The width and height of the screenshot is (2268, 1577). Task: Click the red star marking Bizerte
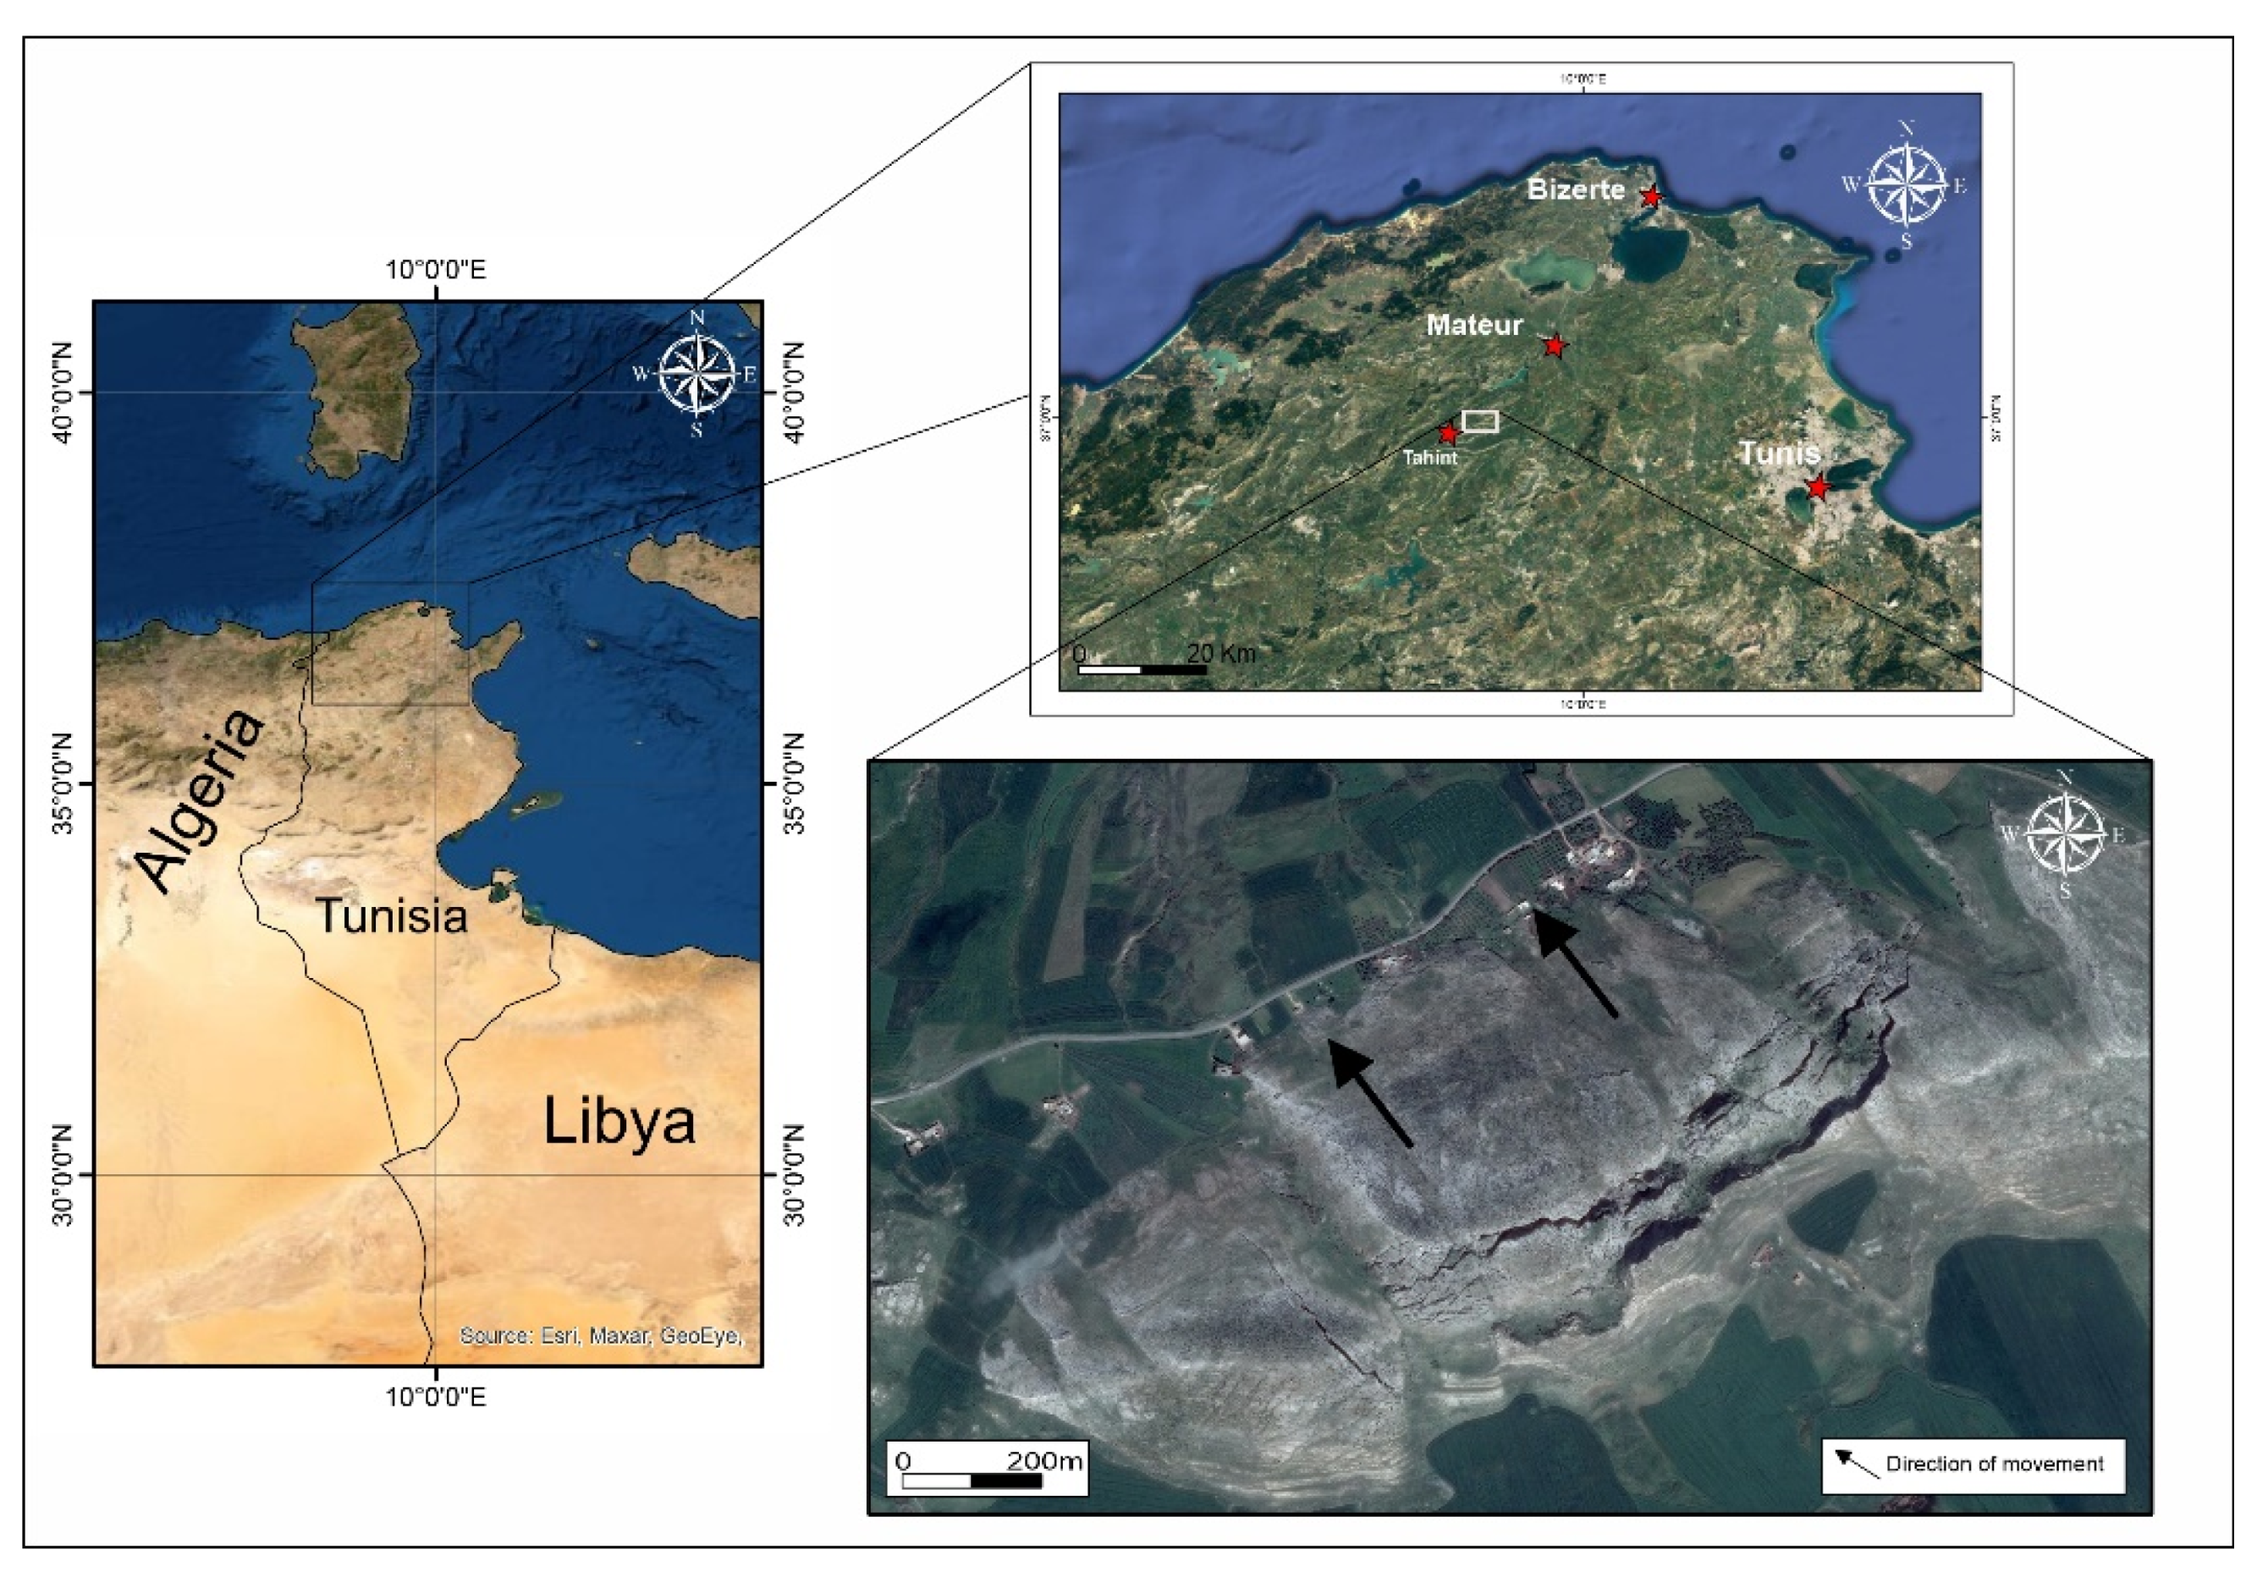pos(1650,197)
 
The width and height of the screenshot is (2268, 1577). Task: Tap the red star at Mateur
pos(1555,346)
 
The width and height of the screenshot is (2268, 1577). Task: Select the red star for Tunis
pos(1818,488)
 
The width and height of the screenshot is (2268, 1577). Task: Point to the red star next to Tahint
pos(1448,433)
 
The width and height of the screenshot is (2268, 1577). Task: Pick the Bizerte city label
pos(1576,189)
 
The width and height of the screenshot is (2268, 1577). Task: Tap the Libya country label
pos(619,1122)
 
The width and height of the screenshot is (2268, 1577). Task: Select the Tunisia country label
pos(391,916)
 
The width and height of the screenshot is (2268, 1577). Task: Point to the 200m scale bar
pos(972,1481)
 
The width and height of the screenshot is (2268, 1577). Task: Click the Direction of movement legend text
pos(1995,1464)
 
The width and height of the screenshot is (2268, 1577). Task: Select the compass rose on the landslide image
pos(2065,835)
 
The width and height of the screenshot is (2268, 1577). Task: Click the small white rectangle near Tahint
pos(1480,421)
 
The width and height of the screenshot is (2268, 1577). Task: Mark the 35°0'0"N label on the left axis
pos(63,784)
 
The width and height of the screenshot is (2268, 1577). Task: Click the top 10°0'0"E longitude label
pos(436,270)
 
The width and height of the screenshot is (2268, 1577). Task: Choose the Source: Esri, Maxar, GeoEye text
pos(601,1336)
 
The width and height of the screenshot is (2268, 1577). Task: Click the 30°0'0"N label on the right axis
pos(793,1175)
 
